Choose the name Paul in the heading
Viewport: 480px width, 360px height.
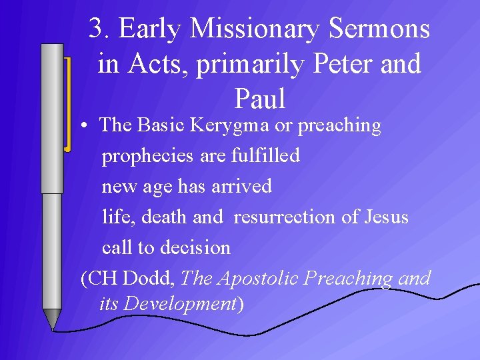tap(259, 99)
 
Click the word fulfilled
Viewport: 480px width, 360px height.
tap(265, 155)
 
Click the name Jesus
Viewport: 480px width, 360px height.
tap(388, 217)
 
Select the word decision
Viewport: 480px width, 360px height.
tap(197, 247)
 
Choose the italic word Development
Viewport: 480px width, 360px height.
tap(181, 304)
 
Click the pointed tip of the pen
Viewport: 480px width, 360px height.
tap(52, 327)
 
